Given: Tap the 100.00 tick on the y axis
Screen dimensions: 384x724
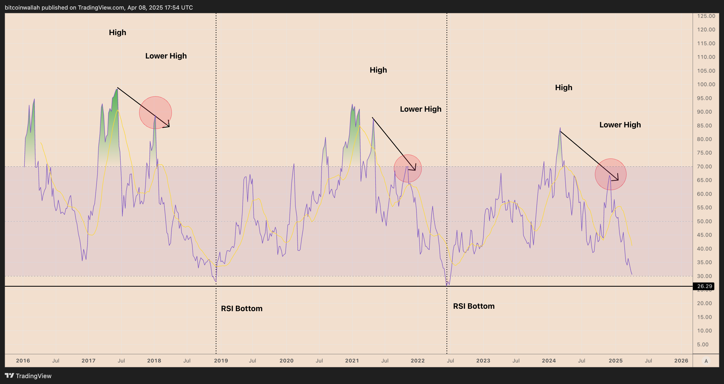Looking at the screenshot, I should click(x=706, y=84).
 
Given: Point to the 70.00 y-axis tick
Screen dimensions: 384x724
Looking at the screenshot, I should click(x=706, y=166).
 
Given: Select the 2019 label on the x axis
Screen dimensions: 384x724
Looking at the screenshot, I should click(x=221, y=361).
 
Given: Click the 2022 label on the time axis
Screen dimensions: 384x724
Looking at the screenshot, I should click(x=418, y=361).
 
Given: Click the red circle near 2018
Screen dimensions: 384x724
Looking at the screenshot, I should click(x=155, y=112).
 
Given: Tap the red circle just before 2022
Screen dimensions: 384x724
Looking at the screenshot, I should click(x=407, y=168).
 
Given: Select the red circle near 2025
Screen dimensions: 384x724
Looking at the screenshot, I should click(x=610, y=174).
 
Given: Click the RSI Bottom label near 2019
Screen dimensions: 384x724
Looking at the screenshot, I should click(x=242, y=308).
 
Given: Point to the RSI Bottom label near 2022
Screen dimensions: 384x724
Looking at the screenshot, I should click(x=474, y=306).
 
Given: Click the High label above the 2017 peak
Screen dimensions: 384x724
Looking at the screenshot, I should click(x=117, y=33).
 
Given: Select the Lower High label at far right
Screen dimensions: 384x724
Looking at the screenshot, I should click(x=620, y=125).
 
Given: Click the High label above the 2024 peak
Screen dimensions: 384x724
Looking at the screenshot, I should click(x=564, y=87).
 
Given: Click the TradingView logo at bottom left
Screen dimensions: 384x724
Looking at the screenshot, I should click(x=28, y=376).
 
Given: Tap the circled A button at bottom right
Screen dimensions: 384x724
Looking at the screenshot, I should click(x=706, y=361).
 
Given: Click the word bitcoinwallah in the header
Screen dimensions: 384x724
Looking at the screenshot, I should click(x=22, y=8).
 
